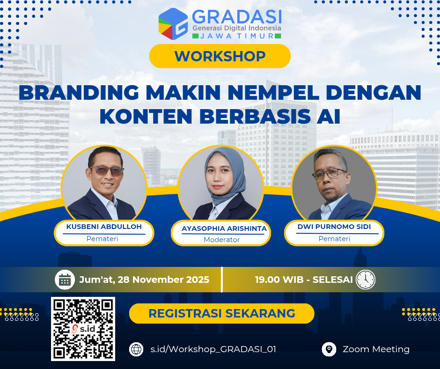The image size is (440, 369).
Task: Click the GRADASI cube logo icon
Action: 173,23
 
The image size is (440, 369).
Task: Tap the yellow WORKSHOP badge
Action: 220,56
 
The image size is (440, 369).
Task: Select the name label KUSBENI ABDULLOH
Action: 104,227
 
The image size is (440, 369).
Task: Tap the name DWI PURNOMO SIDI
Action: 334,227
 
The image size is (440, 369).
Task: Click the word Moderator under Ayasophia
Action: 221,240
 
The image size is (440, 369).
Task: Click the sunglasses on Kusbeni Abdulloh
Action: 107,171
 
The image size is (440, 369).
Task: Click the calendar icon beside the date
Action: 65,280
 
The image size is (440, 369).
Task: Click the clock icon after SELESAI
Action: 365,280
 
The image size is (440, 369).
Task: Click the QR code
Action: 83,329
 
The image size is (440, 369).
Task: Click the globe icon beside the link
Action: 136,349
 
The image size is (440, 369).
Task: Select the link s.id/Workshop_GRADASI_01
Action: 210,349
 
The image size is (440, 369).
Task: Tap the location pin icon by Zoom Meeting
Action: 330,349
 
